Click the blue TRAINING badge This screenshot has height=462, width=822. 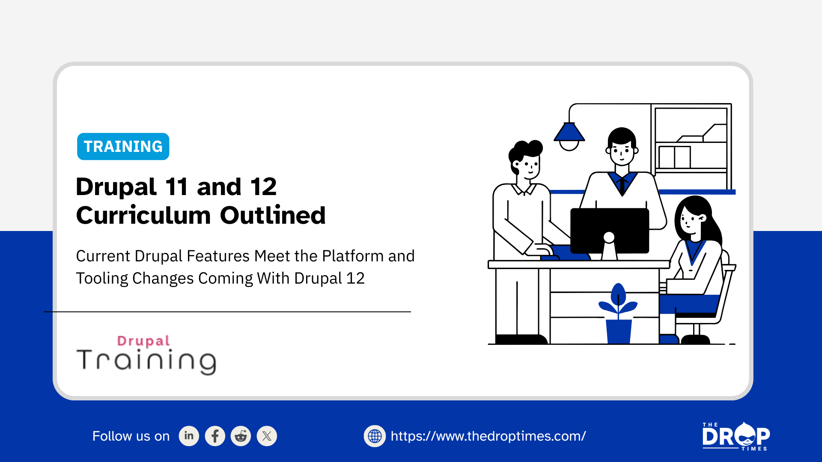[123, 146]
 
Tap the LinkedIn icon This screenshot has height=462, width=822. [189, 436]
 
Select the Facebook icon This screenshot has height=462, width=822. [215, 436]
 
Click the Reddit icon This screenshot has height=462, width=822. [241, 436]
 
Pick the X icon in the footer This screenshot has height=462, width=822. [267, 436]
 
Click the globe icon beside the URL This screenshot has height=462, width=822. [375, 436]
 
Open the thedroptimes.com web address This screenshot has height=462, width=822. [488, 436]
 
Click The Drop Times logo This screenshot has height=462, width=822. [736, 436]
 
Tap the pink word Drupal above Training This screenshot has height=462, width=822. [143, 341]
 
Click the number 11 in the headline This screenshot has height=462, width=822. [176, 187]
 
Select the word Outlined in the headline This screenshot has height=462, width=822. [273, 215]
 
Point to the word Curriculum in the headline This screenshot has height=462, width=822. [143, 215]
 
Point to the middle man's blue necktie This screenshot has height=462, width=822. [622, 184]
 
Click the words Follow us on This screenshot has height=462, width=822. [131, 436]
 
